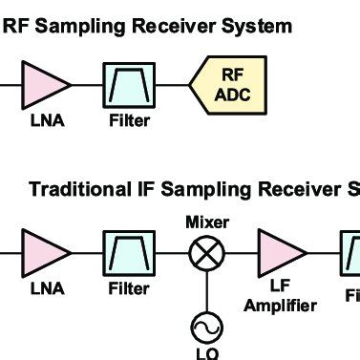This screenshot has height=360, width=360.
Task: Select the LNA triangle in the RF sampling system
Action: point(43,83)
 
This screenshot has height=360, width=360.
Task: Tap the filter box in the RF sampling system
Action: point(127,83)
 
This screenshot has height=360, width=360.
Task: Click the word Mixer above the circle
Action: point(207,222)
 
